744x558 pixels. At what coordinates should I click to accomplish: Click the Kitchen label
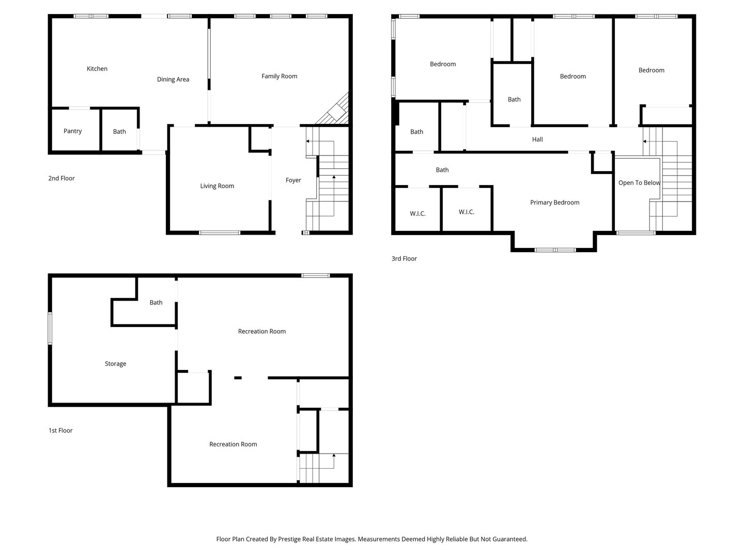click(x=97, y=69)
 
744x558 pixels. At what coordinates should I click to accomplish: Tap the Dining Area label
click(x=173, y=80)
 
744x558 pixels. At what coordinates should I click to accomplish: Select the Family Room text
click(x=280, y=76)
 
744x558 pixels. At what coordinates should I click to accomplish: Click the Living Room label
click(x=217, y=186)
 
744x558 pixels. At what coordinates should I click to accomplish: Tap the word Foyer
click(x=293, y=180)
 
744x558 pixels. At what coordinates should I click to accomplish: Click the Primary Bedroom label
click(x=554, y=203)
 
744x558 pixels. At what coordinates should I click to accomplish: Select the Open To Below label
click(x=639, y=183)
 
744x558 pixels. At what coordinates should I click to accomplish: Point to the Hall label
click(x=537, y=139)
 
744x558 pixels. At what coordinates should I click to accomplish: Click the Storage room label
click(x=115, y=364)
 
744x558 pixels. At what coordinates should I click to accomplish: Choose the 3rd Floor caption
click(x=404, y=258)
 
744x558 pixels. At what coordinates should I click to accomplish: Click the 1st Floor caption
click(x=60, y=430)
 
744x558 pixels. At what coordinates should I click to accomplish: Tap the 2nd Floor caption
click(x=61, y=178)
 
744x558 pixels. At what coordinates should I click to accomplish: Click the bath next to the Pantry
click(x=119, y=131)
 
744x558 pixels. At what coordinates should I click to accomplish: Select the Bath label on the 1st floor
click(x=156, y=303)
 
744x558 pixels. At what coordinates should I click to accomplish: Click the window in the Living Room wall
click(x=219, y=233)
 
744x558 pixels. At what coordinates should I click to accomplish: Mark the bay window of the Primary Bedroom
click(x=555, y=250)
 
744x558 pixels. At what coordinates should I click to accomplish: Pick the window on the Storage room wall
click(x=50, y=328)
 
